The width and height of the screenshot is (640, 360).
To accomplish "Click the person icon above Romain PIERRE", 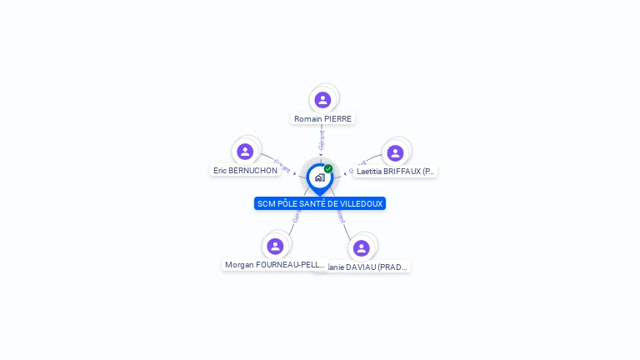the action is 322,100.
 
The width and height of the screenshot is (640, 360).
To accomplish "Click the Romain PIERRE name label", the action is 322,119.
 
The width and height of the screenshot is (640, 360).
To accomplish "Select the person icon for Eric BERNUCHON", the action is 245,151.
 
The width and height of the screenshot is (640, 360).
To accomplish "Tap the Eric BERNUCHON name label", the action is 245,171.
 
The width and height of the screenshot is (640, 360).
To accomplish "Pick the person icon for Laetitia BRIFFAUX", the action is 395,152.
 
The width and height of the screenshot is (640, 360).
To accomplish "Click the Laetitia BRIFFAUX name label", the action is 395,172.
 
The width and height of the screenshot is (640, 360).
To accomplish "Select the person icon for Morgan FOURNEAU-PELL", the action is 275,246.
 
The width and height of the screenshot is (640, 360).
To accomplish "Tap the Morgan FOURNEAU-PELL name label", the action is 274,265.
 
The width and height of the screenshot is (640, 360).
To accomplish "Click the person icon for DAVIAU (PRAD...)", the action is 361,247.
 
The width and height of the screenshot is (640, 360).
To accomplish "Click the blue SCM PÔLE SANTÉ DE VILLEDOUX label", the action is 320,203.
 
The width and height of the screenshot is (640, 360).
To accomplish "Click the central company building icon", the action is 319,177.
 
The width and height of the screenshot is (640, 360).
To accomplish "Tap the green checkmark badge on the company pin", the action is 328,169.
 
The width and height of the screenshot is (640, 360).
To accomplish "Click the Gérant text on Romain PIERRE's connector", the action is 322,138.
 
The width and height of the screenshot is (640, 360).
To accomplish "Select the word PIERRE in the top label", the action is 337,119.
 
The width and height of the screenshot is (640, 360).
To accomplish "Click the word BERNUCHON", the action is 254,171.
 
